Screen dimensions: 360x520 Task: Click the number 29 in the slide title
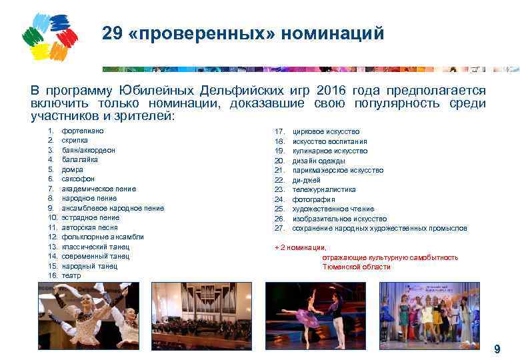point(113,34)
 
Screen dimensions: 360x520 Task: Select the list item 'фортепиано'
point(83,131)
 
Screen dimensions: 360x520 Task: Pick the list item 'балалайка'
point(80,160)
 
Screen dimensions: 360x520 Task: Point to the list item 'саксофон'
point(78,179)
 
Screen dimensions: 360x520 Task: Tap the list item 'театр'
point(71,275)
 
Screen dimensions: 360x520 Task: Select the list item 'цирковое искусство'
point(326,131)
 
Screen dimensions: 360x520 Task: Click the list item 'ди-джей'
point(307,180)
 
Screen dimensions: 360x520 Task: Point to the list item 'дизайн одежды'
point(319,161)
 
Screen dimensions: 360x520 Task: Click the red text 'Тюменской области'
point(356,267)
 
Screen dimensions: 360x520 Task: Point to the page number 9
point(497,349)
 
